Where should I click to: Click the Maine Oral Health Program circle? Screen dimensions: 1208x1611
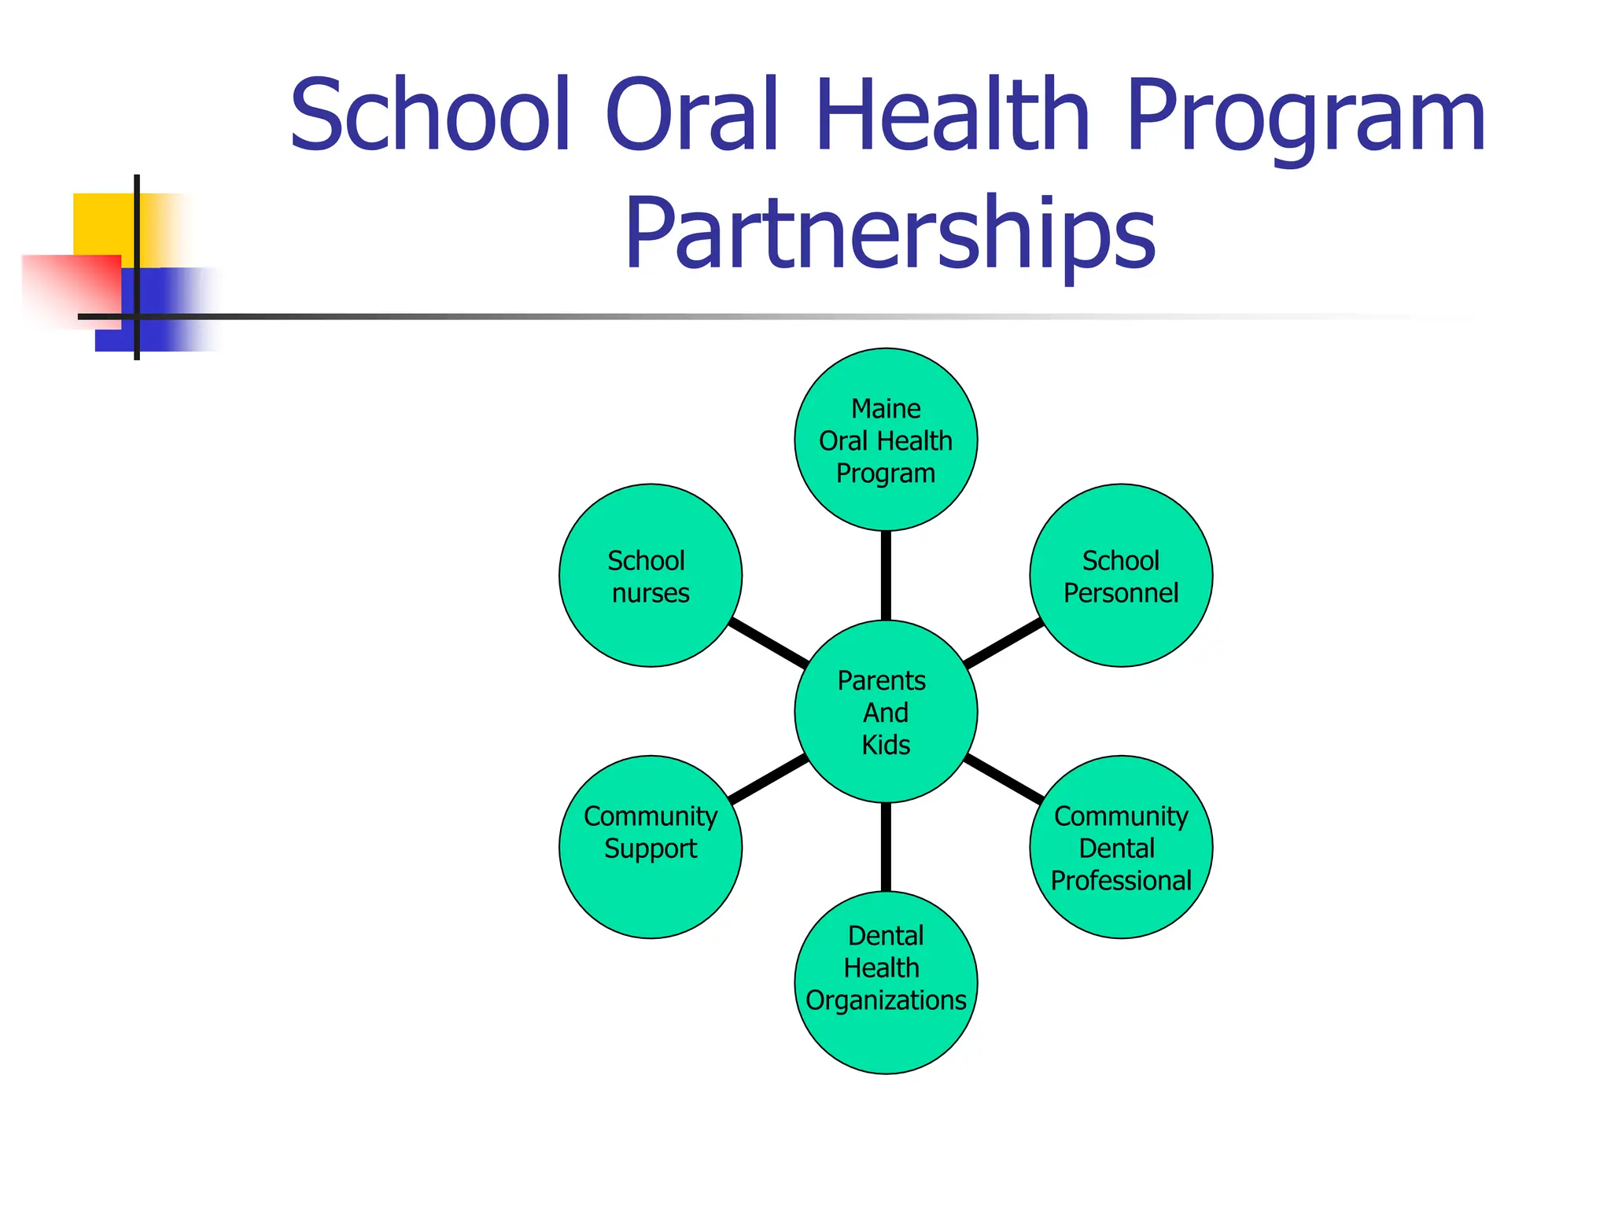[x=886, y=440]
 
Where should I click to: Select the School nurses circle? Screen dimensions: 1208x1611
[x=650, y=576]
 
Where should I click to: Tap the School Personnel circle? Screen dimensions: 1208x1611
[x=1121, y=576]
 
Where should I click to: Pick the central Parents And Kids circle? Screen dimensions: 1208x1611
[x=886, y=712]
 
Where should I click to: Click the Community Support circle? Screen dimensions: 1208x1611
[x=650, y=847]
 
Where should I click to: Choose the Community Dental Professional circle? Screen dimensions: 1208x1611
[x=1121, y=847]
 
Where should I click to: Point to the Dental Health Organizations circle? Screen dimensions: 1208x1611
[x=886, y=983]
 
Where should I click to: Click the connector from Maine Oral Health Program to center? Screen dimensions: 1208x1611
[x=886, y=576]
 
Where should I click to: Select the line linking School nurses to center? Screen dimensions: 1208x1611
[x=769, y=643]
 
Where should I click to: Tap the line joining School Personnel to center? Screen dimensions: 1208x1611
[x=1004, y=643]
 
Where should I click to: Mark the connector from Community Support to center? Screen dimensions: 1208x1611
[x=769, y=779]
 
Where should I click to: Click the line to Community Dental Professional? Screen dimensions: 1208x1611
[x=1004, y=779]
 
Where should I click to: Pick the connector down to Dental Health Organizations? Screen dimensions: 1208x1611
[x=886, y=847]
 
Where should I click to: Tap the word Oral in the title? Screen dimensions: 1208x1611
[x=692, y=116]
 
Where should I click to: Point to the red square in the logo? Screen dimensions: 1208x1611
[x=71, y=287]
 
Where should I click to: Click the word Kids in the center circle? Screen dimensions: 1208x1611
[x=886, y=745]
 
